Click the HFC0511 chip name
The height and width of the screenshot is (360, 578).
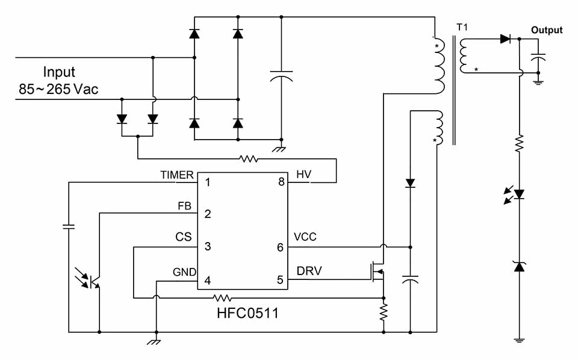[x=248, y=314]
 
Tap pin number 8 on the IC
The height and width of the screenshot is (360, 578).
[x=281, y=181]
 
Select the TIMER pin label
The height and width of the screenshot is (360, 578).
[x=177, y=175]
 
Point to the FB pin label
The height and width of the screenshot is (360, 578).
[x=184, y=206]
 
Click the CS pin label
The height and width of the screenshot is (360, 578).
[x=183, y=237]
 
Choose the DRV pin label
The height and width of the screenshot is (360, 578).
[x=309, y=271]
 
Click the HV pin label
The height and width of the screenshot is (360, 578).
[x=304, y=175]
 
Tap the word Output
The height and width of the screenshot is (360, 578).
[x=546, y=30]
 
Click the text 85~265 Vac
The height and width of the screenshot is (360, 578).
[x=58, y=90]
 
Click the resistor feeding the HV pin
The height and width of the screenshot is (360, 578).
[x=248, y=160]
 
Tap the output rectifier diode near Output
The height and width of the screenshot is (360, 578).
[x=505, y=39]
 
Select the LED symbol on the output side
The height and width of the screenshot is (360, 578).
[x=518, y=194]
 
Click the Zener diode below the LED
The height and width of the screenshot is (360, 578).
[x=518, y=265]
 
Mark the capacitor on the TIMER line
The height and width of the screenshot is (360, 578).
[x=69, y=227]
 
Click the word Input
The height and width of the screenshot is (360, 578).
[x=59, y=73]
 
